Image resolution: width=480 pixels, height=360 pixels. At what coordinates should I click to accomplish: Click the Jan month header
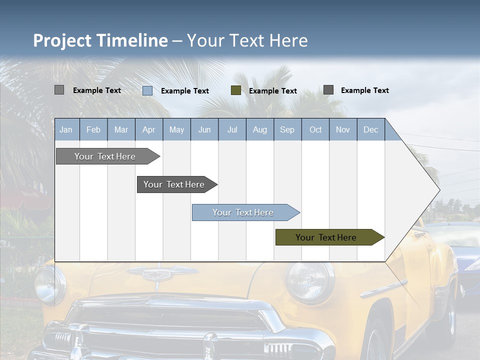(66, 129)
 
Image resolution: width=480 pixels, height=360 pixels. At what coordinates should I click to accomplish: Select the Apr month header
(148, 129)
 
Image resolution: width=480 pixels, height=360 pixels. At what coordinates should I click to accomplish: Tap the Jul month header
(232, 129)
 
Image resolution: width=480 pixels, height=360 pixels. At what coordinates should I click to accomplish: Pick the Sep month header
(287, 129)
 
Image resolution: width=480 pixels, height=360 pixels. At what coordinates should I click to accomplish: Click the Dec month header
(370, 129)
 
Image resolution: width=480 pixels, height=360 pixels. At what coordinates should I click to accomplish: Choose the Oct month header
(315, 129)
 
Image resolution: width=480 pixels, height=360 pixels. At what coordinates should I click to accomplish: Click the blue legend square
(147, 90)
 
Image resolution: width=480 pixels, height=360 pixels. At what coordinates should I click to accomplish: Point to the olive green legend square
(236, 90)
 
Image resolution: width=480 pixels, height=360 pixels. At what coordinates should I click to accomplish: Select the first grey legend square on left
(59, 90)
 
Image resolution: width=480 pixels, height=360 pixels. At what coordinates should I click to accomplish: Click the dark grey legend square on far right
(328, 89)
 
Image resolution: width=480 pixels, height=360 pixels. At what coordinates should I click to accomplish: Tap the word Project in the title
(62, 40)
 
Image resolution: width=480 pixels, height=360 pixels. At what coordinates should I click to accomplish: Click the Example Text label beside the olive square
(272, 90)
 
